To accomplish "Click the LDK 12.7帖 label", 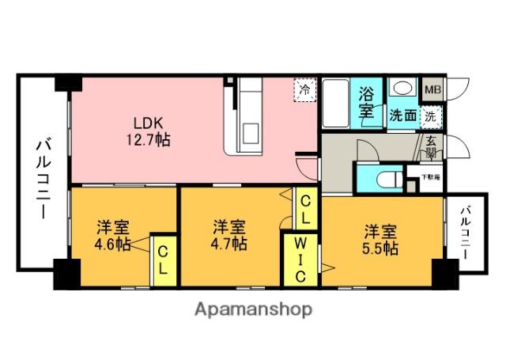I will point(148,131).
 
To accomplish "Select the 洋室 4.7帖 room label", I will point(228,235).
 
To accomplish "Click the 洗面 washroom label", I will point(402,116).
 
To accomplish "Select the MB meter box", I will point(432,89).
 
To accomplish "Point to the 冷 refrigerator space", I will point(304,90).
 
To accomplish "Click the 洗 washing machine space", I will point(430,116).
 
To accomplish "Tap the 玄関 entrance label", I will point(431,148).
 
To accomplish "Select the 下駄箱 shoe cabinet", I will point(431,177).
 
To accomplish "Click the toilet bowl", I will point(385,179).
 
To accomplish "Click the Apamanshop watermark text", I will point(253,309).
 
